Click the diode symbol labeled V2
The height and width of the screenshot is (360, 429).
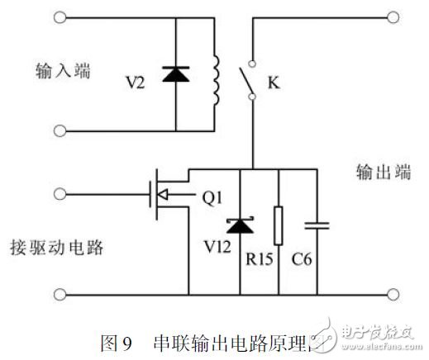[x=175, y=74]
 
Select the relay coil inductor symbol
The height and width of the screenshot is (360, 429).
[x=218, y=81]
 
